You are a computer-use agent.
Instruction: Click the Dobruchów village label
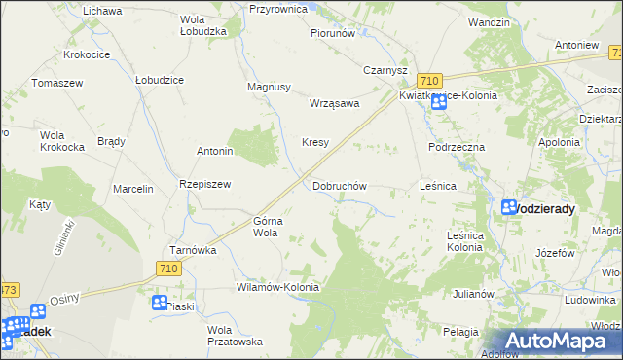[x=339, y=185]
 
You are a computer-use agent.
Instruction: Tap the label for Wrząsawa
[x=334, y=102]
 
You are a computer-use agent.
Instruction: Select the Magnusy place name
[x=270, y=87]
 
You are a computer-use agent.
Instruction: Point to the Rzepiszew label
[x=203, y=184]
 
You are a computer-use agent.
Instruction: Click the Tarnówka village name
[x=192, y=249]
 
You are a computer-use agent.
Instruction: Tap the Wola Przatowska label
[x=234, y=336]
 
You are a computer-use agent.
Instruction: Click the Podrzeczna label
[x=457, y=146]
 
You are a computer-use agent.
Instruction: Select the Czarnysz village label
[x=385, y=70]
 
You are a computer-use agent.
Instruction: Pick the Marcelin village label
[x=133, y=189]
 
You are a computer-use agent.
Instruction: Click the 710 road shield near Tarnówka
[x=168, y=269]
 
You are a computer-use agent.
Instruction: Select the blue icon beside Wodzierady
[x=509, y=207]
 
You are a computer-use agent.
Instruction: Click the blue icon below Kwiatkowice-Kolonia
[x=439, y=101]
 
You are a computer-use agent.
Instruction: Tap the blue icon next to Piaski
[x=159, y=303]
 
